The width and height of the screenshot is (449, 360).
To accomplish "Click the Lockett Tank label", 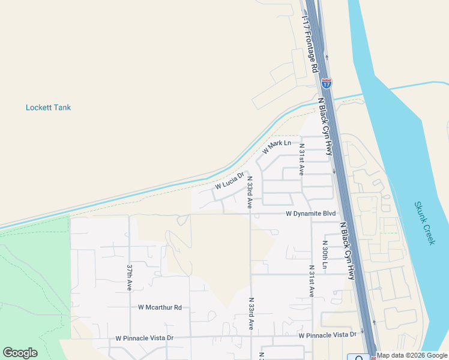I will [48, 108].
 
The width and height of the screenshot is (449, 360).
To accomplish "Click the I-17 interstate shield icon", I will [326, 83].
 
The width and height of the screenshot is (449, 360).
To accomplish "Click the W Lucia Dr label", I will [230, 181].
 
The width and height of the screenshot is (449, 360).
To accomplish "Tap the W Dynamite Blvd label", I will [310, 214].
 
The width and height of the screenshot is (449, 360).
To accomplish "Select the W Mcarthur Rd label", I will [160, 307].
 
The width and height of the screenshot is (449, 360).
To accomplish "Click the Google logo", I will [20, 353].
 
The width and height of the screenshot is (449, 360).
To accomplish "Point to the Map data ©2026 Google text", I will [412, 356].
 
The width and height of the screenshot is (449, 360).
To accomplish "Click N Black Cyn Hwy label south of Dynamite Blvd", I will [348, 251].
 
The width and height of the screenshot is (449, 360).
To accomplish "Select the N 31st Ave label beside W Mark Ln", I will [301, 159].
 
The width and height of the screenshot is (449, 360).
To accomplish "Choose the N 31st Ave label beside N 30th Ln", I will [312, 281].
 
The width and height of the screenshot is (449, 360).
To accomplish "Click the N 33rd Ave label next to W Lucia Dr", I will [249, 192].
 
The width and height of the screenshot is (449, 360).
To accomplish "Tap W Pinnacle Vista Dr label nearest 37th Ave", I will [145, 338].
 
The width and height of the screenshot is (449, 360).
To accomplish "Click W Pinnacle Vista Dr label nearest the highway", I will [327, 335].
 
